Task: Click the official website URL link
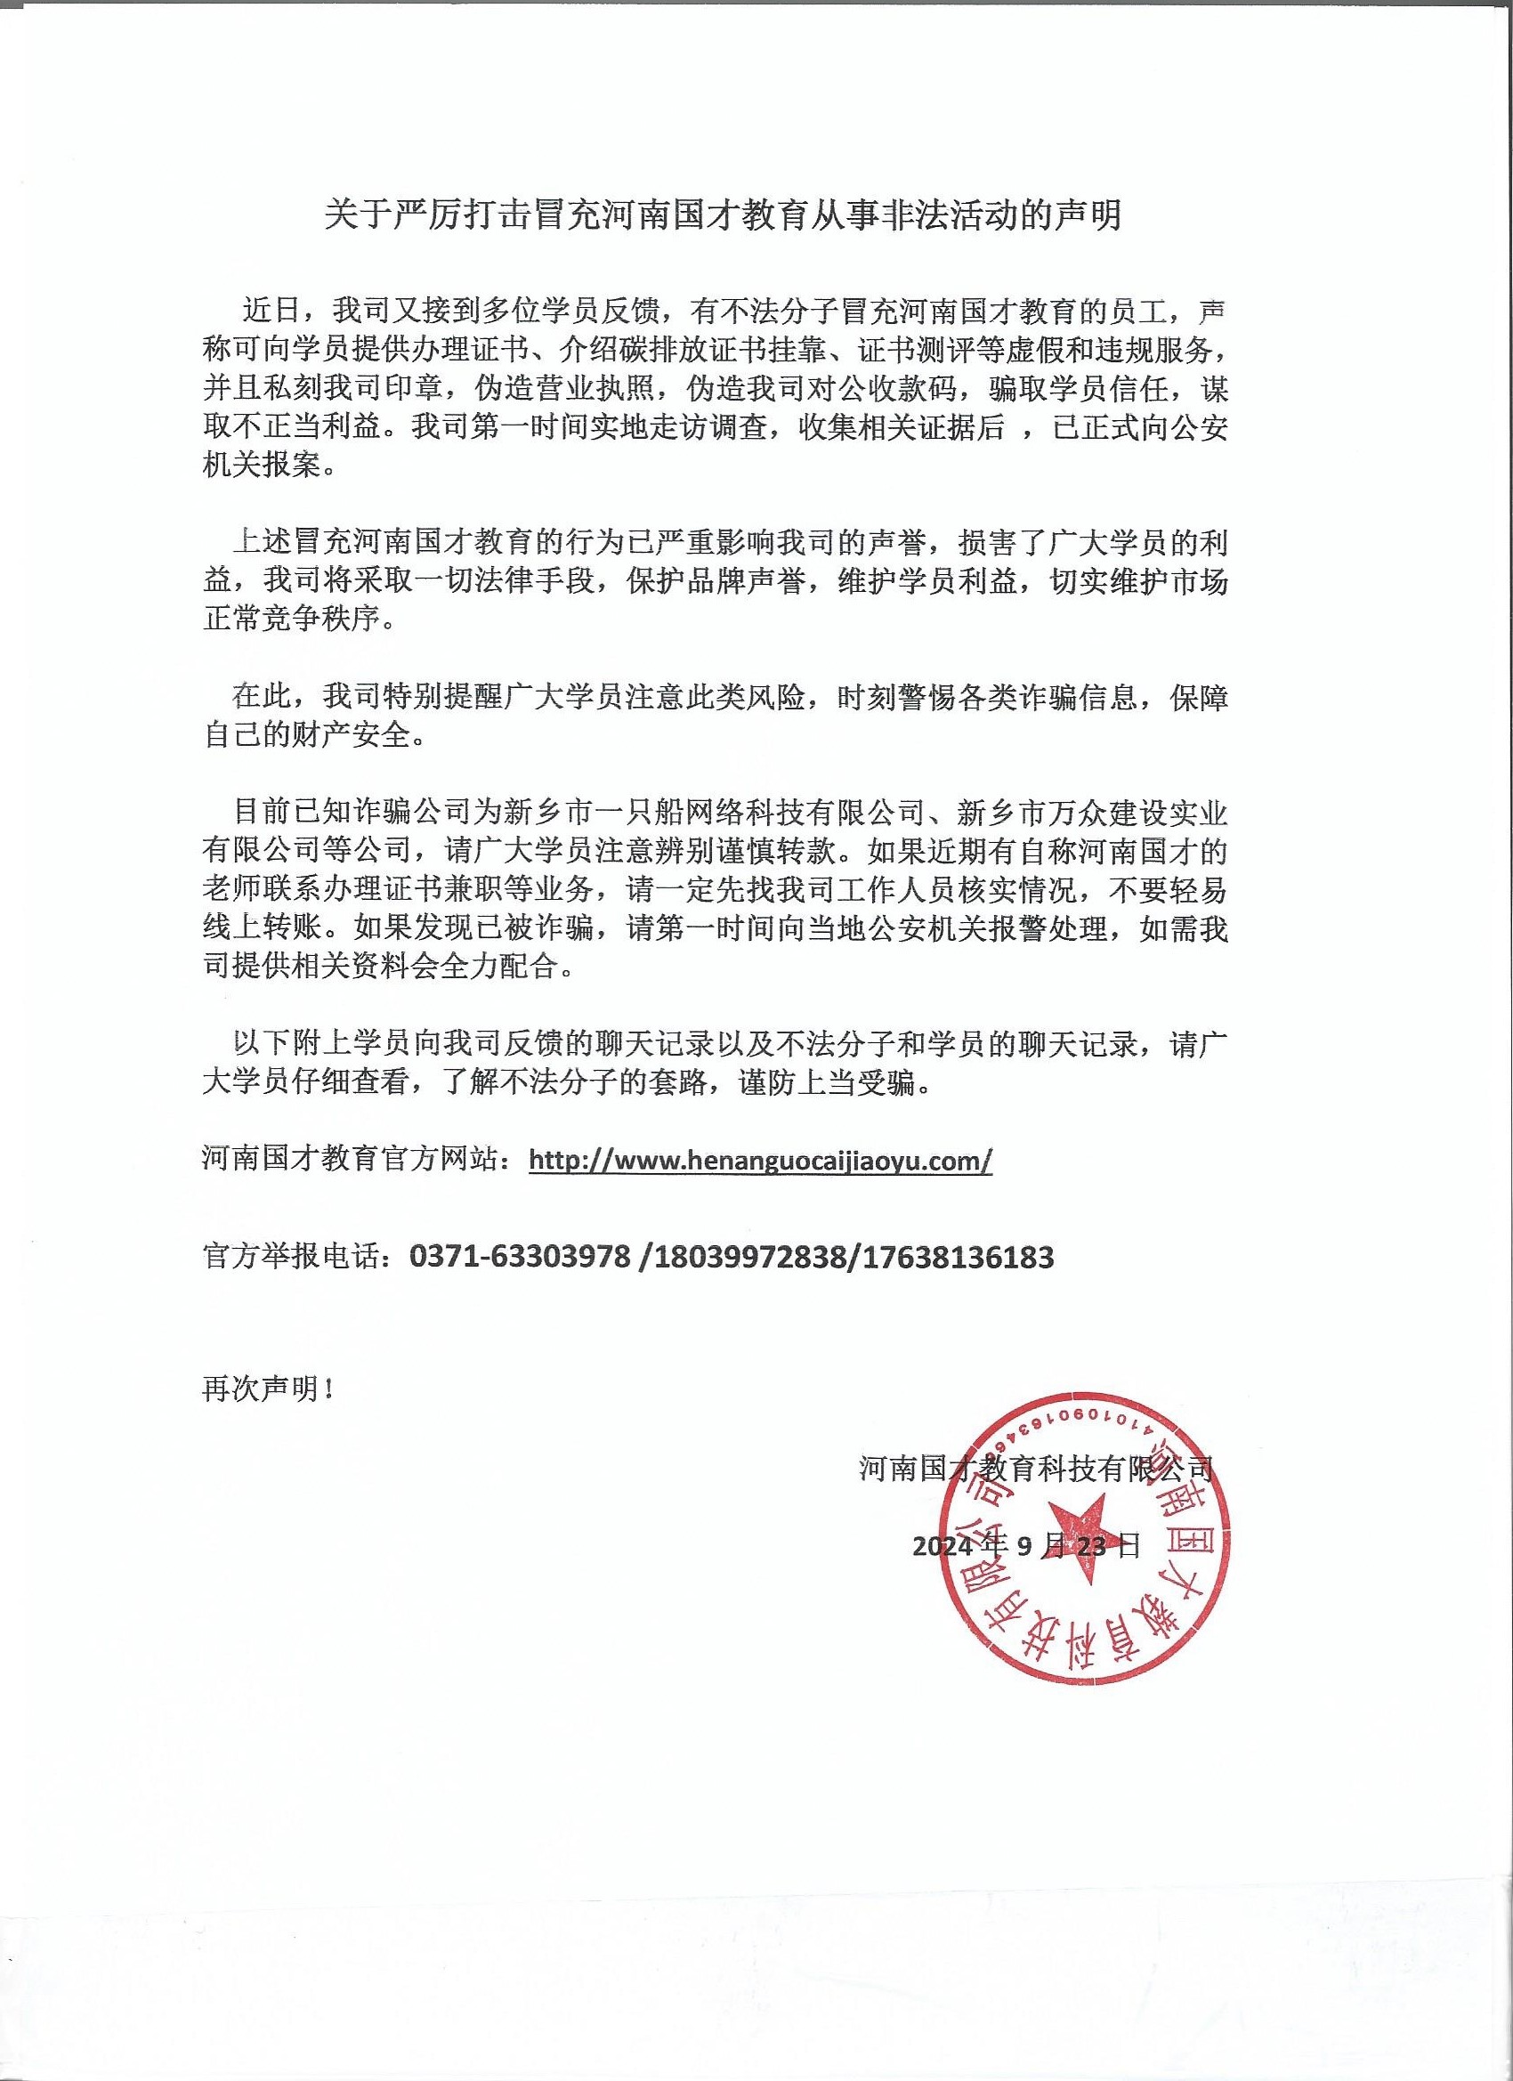[761, 1161]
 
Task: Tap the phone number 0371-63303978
[521, 1257]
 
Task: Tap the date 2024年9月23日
[1026, 1547]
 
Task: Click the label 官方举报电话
[294, 1257]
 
